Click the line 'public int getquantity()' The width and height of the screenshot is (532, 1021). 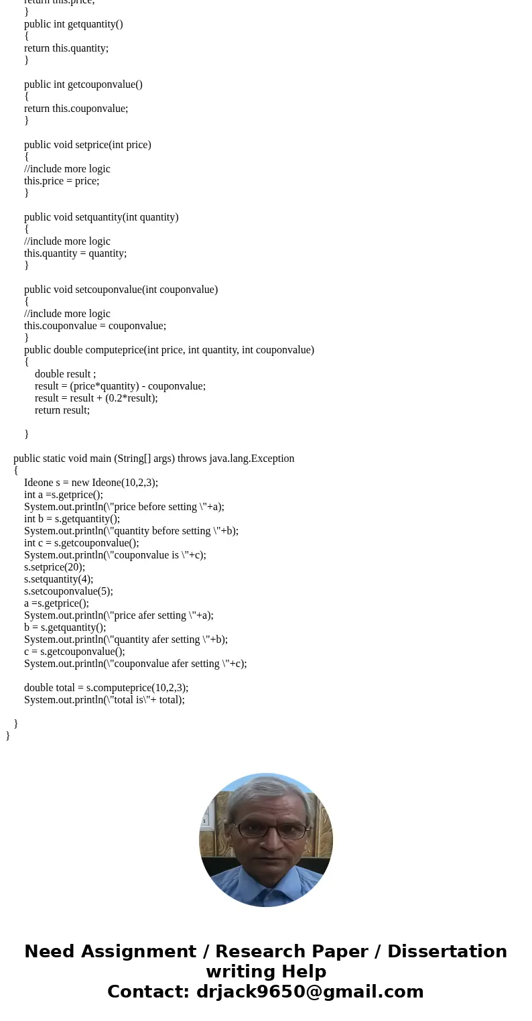pyautogui.click(x=74, y=24)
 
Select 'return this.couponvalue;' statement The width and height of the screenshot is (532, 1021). pyautogui.click(x=76, y=109)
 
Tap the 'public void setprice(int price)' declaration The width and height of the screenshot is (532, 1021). pyautogui.click(x=88, y=145)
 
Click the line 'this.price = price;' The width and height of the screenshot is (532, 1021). pyautogui.click(x=62, y=181)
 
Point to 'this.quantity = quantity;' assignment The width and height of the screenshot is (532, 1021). pyautogui.click(x=75, y=253)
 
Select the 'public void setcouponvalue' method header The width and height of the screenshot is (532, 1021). pyautogui.click(x=121, y=290)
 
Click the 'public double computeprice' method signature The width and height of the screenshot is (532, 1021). pyautogui.click(x=169, y=350)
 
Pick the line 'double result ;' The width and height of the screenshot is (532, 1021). pyautogui.click(x=65, y=374)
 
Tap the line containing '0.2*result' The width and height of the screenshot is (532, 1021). pyautogui.click(x=96, y=398)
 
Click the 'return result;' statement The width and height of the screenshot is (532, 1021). pyautogui.click(x=62, y=410)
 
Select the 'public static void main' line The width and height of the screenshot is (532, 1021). pyautogui.click(x=153, y=459)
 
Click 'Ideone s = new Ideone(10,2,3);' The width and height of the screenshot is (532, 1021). pyautogui.click(x=91, y=483)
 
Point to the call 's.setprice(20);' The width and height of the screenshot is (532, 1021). pyautogui.click(x=54, y=567)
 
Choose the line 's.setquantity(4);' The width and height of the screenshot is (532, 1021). pyautogui.click(x=58, y=579)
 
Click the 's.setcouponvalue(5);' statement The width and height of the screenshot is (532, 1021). pyautogui.click(x=68, y=591)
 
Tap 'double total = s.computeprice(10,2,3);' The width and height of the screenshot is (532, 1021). pyautogui.click(x=106, y=688)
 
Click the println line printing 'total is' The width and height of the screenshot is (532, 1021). pyautogui.click(x=104, y=700)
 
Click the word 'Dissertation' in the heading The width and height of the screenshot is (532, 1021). pyautogui.click(x=447, y=952)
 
